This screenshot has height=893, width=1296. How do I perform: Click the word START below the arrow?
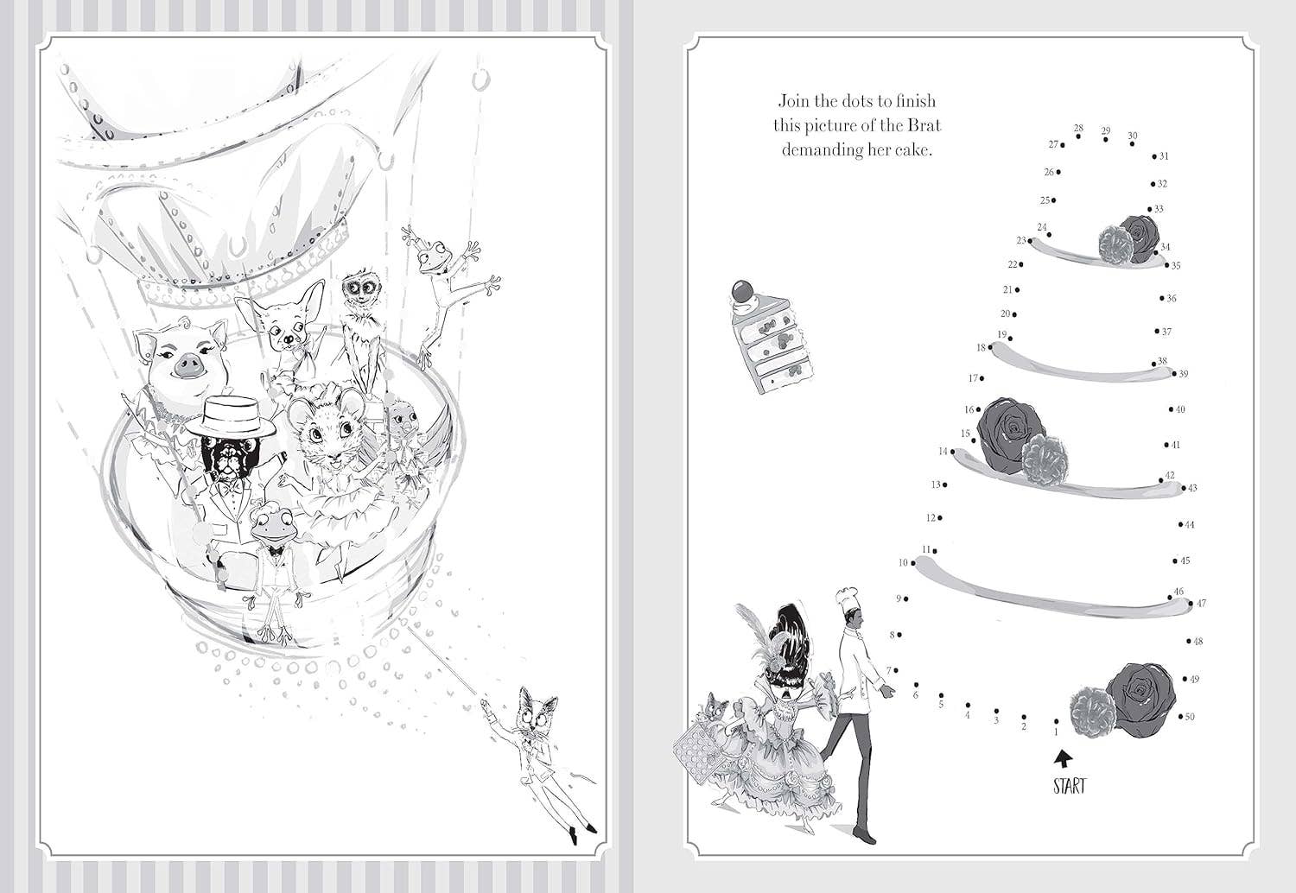tap(1070, 786)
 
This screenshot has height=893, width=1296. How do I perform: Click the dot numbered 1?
tap(1057, 721)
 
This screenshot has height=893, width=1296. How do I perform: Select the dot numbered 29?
tap(1106, 139)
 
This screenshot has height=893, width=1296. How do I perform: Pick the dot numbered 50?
tap(1181, 716)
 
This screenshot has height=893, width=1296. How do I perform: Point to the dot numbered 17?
tap(982, 378)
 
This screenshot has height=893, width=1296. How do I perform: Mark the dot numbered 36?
tap(1162, 299)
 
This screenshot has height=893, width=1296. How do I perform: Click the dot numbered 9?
tap(906, 599)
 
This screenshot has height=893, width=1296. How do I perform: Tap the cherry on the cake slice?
tap(740, 290)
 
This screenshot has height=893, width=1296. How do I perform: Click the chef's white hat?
tap(845, 597)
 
